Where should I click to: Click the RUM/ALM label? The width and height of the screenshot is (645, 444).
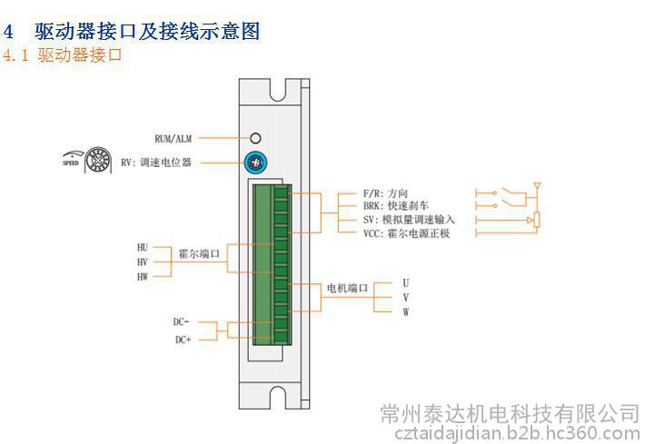pyautogui.click(x=173, y=138)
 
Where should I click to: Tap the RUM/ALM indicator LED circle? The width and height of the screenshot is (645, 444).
pyautogui.click(x=256, y=138)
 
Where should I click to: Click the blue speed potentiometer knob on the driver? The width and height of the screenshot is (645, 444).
pyautogui.click(x=256, y=163)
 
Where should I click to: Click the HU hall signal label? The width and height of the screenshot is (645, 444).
pyautogui.click(x=142, y=247)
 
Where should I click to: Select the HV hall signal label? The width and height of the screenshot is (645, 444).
pyautogui.click(x=142, y=261)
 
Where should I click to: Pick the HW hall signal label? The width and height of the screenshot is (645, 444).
pyautogui.click(x=142, y=275)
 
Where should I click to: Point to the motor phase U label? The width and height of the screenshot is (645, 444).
pyautogui.click(x=405, y=282)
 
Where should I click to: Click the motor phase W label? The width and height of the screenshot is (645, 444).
pyautogui.click(x=405, y=311)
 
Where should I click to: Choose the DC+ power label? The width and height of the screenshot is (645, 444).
pyautogui.click(x=182, y=340)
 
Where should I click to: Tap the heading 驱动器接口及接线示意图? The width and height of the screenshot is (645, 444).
pyautogui.click(x=147, y=31)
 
